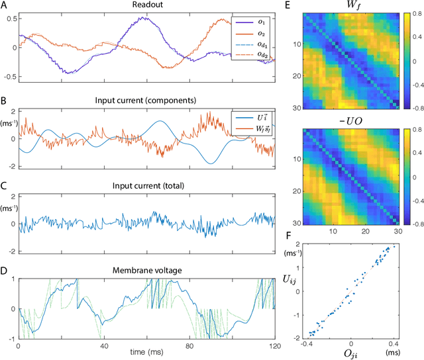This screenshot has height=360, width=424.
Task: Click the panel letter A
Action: click(x=5, y=7)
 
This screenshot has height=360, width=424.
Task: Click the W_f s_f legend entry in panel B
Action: click(x=256, y=119)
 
